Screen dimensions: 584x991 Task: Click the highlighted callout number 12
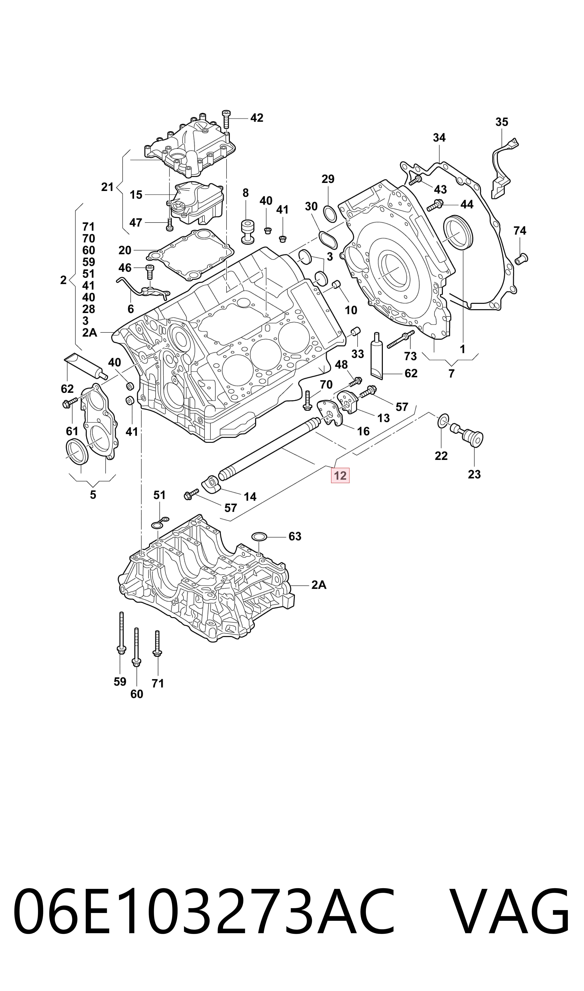(340, 476)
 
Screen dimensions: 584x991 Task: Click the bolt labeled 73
(401, 339)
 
